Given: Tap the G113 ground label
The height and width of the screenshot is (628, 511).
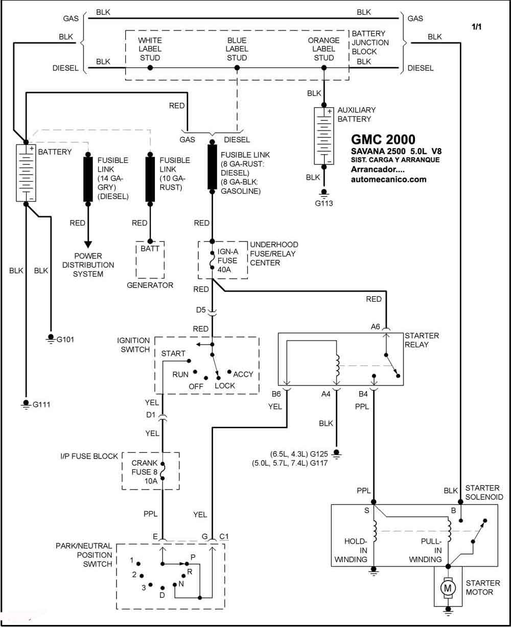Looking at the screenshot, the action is [x=323, y=203].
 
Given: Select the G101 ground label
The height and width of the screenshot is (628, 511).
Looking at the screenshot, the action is [x=65, y=340].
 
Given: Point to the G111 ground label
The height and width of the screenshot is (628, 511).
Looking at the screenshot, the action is [x=41, y=404].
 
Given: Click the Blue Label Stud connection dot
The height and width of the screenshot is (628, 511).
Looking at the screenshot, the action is [x=237, y=68].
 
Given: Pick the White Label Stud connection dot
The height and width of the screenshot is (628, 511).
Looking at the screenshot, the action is [x=150, y=68].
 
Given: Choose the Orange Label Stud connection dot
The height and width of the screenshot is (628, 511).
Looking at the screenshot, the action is [x=323, y=68].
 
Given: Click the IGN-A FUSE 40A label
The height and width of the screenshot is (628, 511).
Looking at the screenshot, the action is [x=228, y=260].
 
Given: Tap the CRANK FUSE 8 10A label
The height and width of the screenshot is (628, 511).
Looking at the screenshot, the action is [x=144, y=472].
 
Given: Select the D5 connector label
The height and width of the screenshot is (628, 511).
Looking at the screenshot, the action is [x=201, y=310].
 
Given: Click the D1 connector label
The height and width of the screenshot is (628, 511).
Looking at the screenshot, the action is [x=150, y=415].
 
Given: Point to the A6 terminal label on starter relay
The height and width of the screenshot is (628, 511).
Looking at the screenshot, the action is [x=375, y=326].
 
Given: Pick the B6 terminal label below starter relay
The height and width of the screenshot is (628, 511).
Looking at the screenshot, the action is [x=276, y=394].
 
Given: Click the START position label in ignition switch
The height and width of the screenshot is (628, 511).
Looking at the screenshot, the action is [x=173, y=353].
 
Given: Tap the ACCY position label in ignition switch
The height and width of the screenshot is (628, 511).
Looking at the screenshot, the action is [x=243, y=374].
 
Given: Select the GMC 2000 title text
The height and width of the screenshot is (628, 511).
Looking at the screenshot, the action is [x=383, y=139].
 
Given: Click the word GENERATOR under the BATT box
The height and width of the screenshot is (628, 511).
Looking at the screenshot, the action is [x=150, y=285].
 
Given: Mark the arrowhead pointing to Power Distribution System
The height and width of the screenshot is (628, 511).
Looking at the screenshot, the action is [x=88, y=245].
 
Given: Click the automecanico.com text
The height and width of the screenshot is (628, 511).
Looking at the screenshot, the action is [x=388, y=179].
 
